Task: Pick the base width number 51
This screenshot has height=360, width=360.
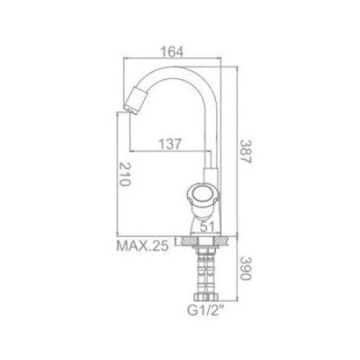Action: pyautogui.click(x=207, y=227)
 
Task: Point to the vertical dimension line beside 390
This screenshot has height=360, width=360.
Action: pyautogui.click(x=238, y=276)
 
